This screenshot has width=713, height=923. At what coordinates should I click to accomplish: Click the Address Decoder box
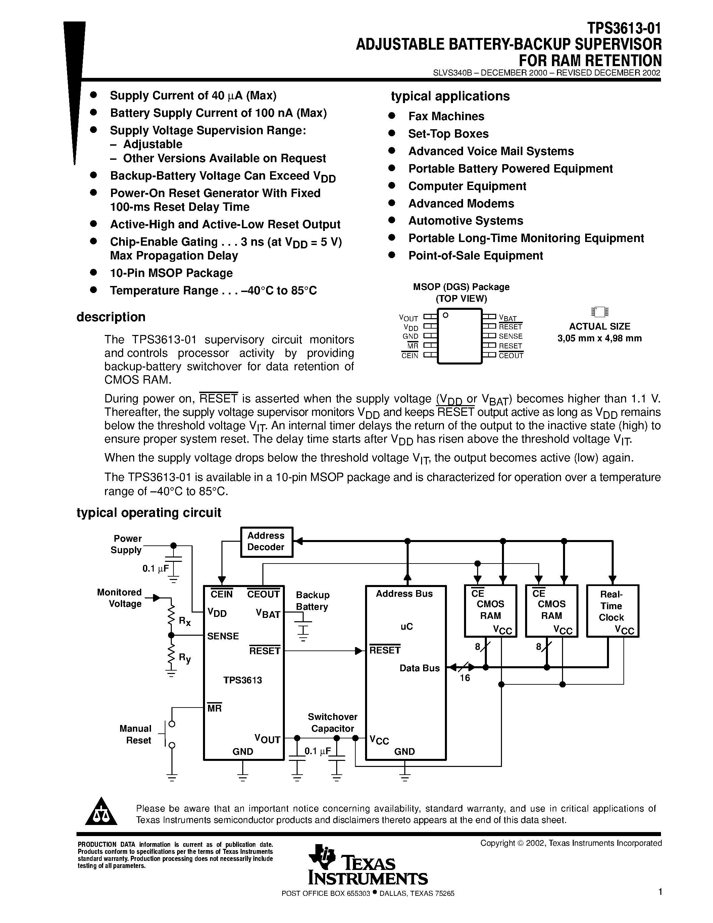point(266,542)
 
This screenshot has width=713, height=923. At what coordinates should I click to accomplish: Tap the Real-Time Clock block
point(612,610)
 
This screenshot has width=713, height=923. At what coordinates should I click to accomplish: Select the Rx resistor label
point(185,621)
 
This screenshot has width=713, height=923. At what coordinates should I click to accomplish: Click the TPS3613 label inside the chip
point(243,680)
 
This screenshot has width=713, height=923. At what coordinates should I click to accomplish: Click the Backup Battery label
point(312,600)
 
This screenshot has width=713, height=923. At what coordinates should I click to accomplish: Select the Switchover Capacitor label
point(333,722)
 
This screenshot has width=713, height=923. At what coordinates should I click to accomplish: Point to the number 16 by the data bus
point(465,678)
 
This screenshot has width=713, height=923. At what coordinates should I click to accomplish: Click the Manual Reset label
point(135,734)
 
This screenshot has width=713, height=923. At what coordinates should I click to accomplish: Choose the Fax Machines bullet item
point(446,116)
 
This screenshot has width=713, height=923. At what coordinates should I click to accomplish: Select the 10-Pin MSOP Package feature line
point(171,273)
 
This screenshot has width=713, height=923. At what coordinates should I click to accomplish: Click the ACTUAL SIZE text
point(599,326)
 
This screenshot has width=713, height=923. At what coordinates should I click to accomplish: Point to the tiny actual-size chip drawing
point(599,312)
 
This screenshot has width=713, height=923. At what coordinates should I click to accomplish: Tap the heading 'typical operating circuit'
point(149,513)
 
